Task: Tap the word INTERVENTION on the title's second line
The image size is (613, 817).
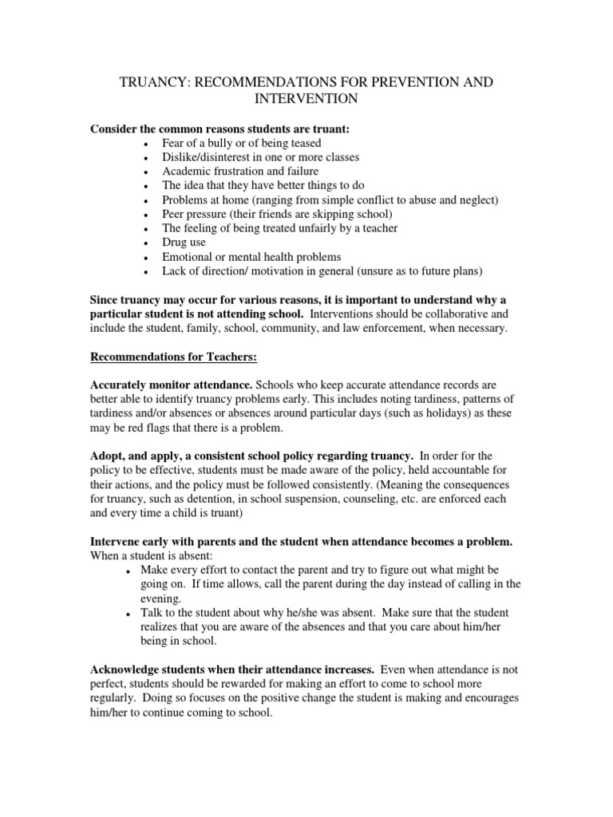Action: pos(306,99)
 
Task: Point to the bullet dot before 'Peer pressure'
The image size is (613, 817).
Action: pos(144,215)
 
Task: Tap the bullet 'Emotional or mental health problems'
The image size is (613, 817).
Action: pos(251,257)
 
